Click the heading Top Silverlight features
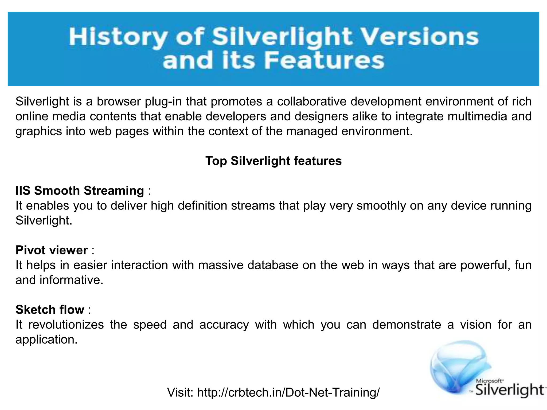tap(273, 161)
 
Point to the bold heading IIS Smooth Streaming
tap(80, 191)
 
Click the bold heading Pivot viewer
tap(52, 250)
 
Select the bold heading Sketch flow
tap(50, 310)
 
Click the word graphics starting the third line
tap(38, 132)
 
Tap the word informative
tap(71, 280)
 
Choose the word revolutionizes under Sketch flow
tap(66, 325)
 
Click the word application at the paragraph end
tap(46, 340)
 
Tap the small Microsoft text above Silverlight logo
tap(490, 381)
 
